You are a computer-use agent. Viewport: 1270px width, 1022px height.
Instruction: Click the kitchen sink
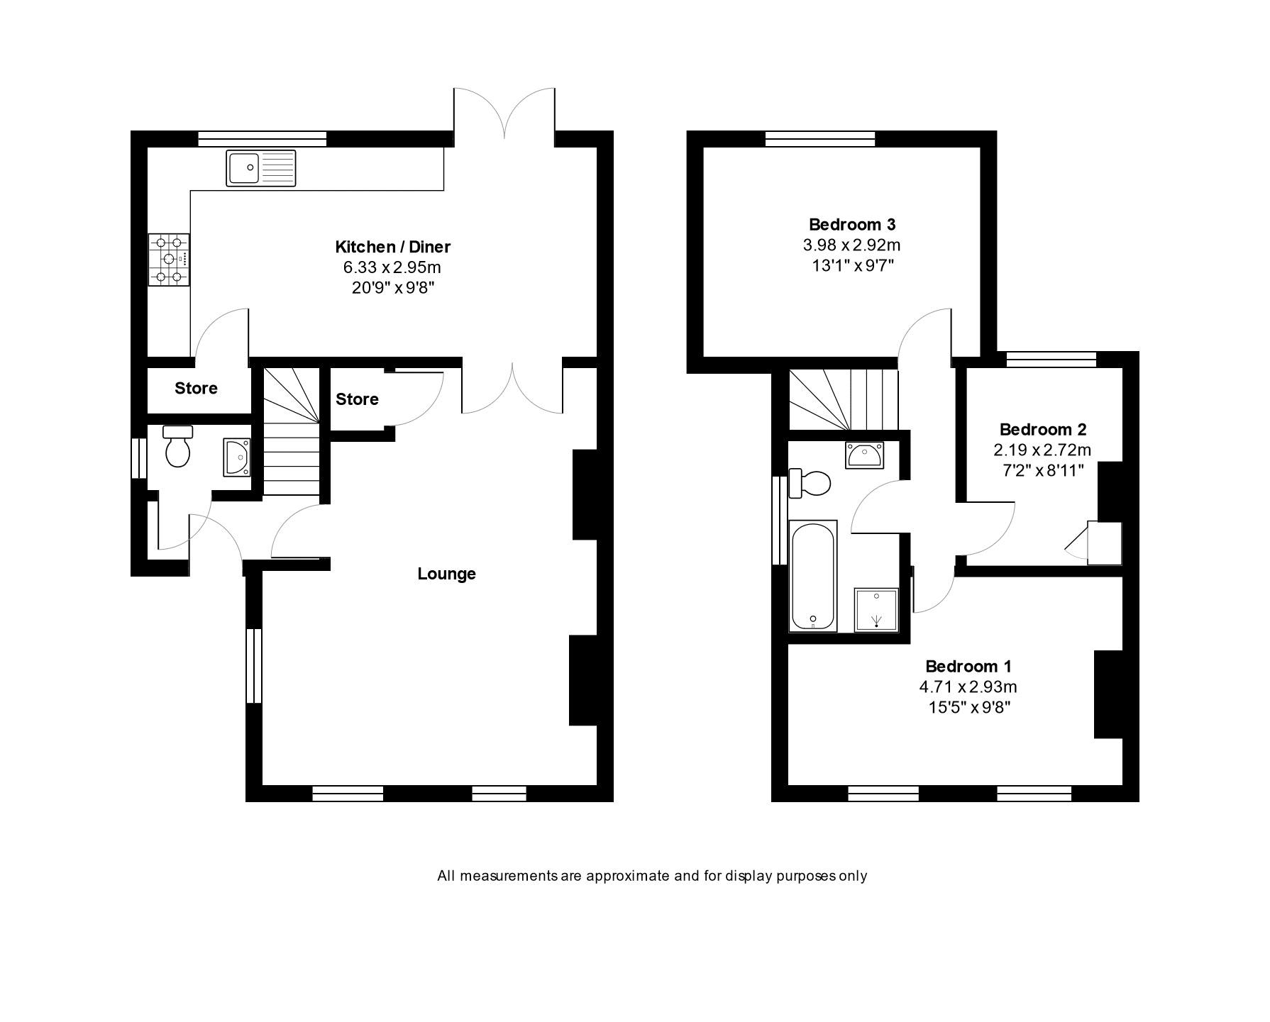click(260, 168)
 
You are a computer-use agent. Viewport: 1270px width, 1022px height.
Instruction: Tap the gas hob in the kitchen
click(169, 260)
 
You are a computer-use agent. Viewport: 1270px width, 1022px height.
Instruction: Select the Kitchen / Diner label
click(392, 247)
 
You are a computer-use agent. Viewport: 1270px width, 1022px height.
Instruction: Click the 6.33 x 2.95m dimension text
click(392, 267)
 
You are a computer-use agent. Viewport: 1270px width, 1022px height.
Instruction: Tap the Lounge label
click(446, 574)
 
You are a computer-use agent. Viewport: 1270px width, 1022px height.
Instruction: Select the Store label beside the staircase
click(357, 399)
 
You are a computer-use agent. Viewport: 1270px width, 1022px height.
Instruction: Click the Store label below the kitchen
click(196, 388)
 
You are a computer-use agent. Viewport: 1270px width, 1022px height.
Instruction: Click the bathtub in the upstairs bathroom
click(813, 575)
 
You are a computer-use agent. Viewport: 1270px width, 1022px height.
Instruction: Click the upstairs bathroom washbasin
click(863, 454)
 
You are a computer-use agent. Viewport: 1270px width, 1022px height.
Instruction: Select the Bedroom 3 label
click(852, 225)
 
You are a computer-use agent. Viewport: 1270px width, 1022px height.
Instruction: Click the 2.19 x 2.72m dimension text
click(1042, 450)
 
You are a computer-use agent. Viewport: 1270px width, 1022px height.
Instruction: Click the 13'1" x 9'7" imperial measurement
click(852, 266)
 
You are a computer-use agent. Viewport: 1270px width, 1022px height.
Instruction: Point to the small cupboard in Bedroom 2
click(1103, 543)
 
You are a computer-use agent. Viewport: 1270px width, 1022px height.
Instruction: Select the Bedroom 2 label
click(1042, 429)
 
